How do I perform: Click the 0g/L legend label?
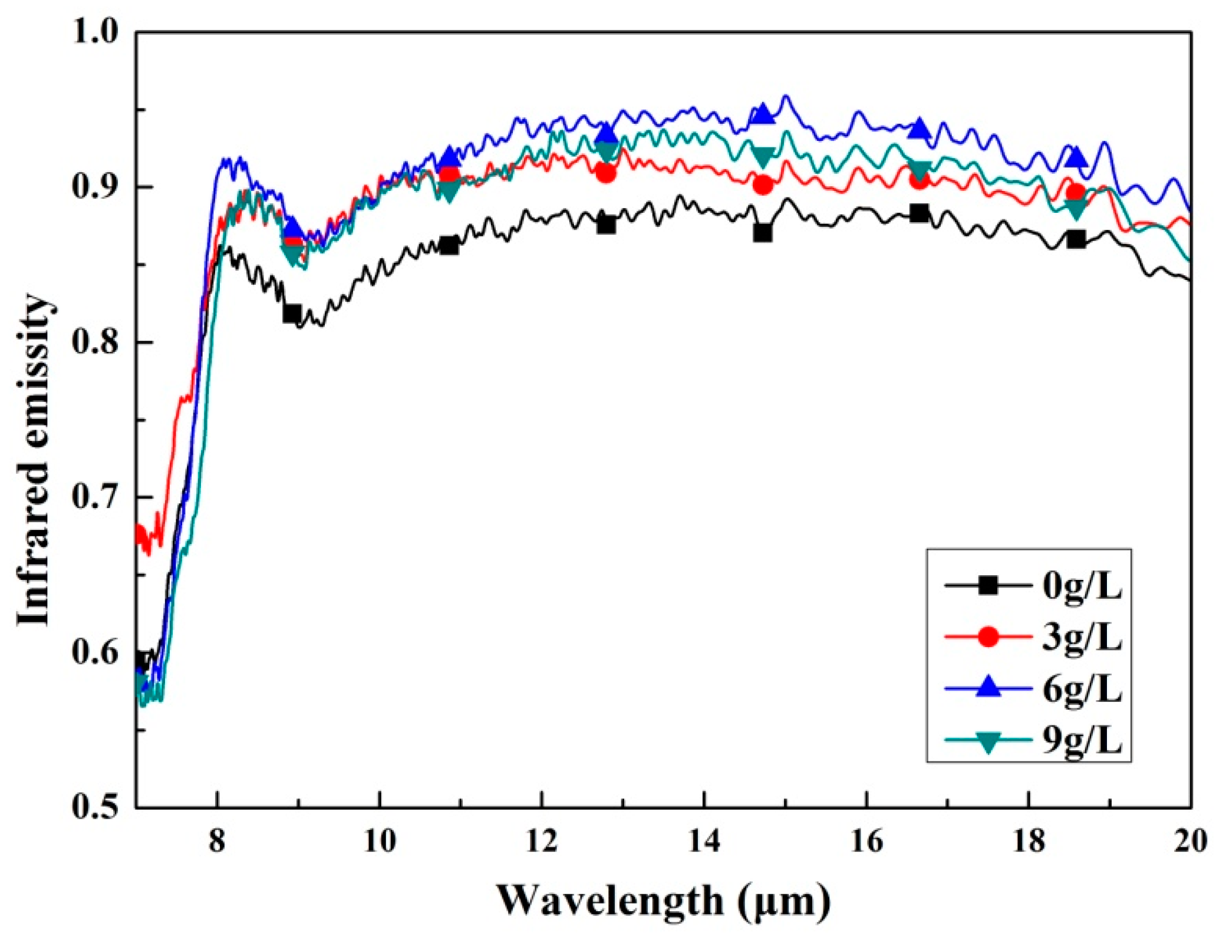coord(1082,587)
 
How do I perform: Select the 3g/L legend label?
coord(1082,637)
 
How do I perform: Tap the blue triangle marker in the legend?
coord(988,688)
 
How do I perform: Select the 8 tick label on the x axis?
coord(218,841)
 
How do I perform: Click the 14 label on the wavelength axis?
coord(704,841)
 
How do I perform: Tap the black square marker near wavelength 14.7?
coord(763,233)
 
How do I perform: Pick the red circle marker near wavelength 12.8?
coord(606,173)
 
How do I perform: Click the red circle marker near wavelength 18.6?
coord(1076,193)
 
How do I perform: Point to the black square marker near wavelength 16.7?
coord(920,213)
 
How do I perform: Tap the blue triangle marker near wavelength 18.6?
coord(1076,157)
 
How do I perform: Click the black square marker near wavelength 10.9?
coord(449,245)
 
